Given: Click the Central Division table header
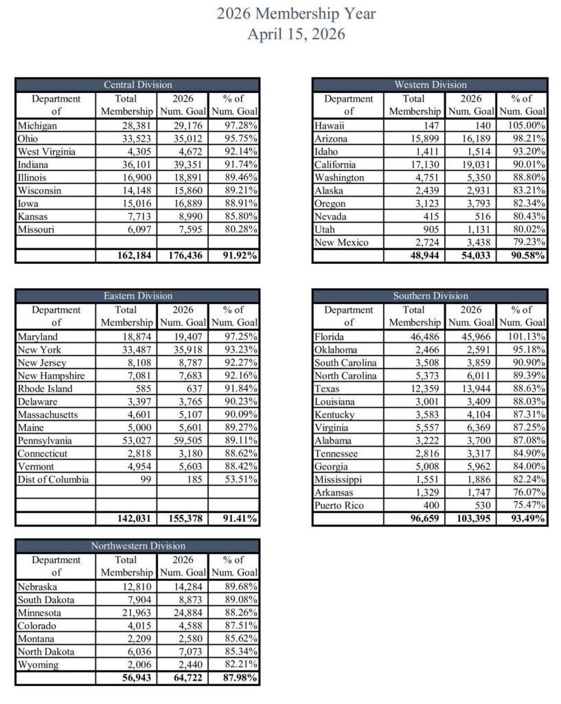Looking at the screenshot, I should click(137, 85).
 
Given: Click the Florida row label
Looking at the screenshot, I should click(330, 338).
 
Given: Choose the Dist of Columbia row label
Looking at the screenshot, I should click(47, 480).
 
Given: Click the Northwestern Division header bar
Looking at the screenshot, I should click(137, 546).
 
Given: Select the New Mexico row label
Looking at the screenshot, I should click(341, 243).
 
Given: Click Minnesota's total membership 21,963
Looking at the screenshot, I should click(137, 613).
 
